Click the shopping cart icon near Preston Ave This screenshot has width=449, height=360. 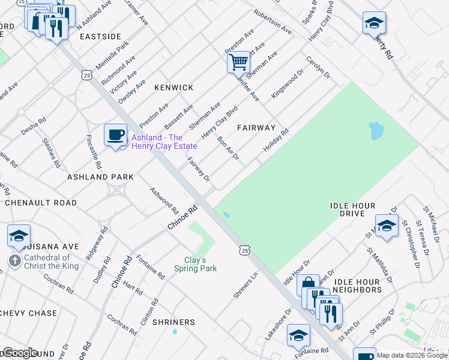238,61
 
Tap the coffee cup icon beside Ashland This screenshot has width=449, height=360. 115,134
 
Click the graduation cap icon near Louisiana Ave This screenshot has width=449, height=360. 19,235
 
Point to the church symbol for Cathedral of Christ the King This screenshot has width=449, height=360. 14,260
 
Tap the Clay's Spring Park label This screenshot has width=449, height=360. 195,264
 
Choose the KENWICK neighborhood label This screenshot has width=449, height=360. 173,88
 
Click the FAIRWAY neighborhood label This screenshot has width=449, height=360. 256,128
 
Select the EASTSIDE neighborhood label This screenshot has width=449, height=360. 100,37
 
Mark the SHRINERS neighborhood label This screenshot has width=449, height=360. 173,322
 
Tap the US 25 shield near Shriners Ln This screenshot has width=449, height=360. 243,249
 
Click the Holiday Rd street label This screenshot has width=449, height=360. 276,140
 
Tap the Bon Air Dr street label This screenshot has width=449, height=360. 228,148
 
